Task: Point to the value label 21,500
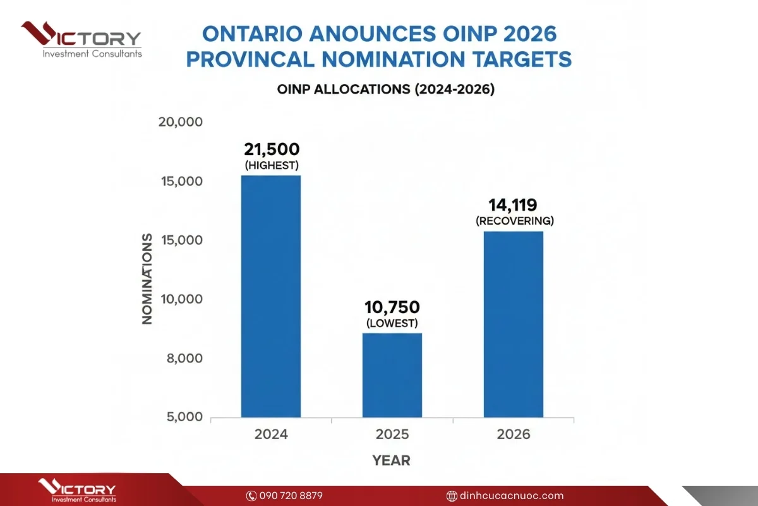click(272, 149)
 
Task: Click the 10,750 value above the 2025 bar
click(392, 307)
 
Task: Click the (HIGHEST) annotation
click(272, 165)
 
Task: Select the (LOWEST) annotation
click(392, 323)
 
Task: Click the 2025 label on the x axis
click(392, 435)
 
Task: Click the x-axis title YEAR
click(391, 460)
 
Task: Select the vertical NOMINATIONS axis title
click(147, 278)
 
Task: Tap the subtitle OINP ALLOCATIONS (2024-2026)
click(385, 89)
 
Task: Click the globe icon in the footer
click(451, 496)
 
